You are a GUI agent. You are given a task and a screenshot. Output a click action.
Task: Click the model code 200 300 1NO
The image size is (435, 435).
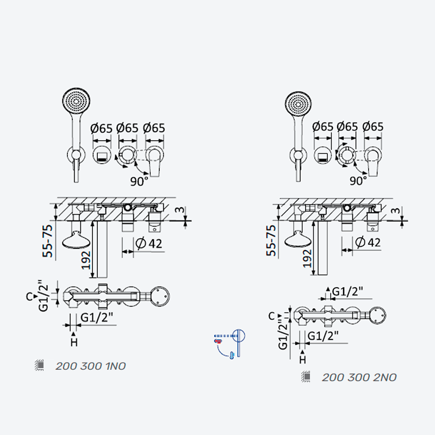(90, 366)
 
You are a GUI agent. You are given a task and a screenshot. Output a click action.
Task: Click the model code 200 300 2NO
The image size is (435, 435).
(359, 377)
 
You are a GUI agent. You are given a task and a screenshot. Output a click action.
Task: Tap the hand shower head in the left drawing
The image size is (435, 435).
(76, 101)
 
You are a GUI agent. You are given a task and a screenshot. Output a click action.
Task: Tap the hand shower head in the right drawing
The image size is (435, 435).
(298, 104)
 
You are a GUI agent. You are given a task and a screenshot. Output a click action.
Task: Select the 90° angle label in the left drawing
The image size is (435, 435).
(139, 182)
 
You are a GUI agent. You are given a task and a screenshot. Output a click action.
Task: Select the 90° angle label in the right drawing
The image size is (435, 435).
(358, 181)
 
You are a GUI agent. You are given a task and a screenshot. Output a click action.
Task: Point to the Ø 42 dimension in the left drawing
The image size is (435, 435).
(148, 244)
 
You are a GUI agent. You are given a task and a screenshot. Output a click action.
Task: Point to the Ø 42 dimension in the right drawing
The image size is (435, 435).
(368, 242)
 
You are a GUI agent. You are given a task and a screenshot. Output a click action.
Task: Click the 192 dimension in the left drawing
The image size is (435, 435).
(86, 260)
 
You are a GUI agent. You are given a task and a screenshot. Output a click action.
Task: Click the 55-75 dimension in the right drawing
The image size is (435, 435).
(271, 240)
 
